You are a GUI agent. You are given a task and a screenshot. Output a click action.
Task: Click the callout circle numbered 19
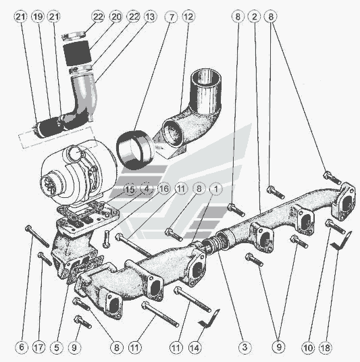38,17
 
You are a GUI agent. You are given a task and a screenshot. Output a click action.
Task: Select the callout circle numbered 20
116,17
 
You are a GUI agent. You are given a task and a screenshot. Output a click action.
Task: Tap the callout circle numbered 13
151,17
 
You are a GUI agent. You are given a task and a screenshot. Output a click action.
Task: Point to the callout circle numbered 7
171,17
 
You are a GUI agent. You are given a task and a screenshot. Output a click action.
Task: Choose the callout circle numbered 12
188,17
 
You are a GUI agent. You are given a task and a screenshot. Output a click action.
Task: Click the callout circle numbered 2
255,17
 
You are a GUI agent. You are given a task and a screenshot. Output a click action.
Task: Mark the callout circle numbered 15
130,189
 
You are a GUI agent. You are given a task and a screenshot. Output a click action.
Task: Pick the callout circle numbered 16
163,188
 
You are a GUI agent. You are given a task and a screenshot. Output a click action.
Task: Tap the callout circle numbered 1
216,189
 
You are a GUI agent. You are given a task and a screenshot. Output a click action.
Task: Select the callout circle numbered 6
22,347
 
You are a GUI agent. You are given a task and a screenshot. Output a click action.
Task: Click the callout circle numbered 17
38,347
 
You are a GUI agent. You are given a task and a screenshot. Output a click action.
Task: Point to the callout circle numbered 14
195,347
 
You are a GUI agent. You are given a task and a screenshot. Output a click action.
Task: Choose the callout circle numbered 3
245,347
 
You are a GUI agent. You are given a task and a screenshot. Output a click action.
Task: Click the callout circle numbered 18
326,347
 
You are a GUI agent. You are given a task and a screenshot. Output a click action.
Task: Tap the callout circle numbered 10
308,347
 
